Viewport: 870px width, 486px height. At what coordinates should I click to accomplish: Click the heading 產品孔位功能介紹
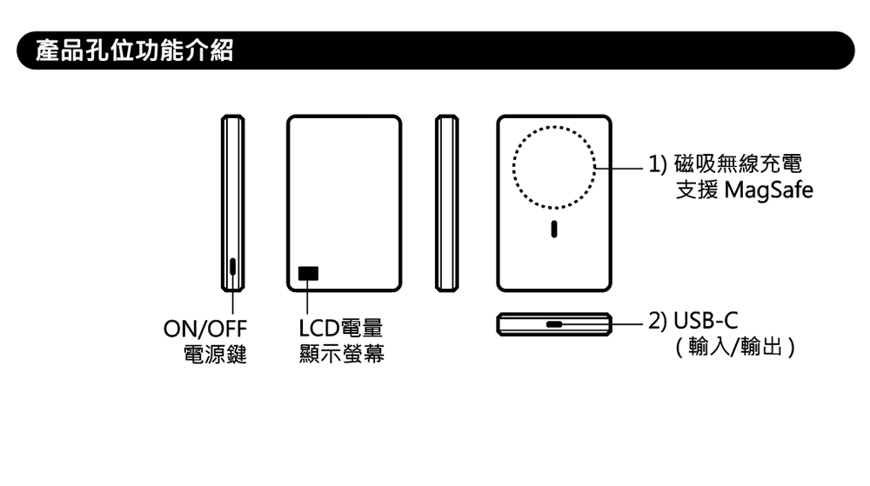coord(135,50)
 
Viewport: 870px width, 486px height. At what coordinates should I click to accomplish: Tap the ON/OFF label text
coord(205,330)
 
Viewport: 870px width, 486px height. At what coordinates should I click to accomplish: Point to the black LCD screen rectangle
coord(308,273)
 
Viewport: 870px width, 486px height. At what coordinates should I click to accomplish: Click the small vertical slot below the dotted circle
coord(554,231)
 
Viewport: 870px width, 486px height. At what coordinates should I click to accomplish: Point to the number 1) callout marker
coord(658,163)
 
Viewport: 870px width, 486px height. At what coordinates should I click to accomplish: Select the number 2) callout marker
coord(658,323)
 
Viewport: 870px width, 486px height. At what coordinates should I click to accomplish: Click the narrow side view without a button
coord(447,203)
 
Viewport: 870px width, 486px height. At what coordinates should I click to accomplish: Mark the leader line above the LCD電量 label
coord(308,300)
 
